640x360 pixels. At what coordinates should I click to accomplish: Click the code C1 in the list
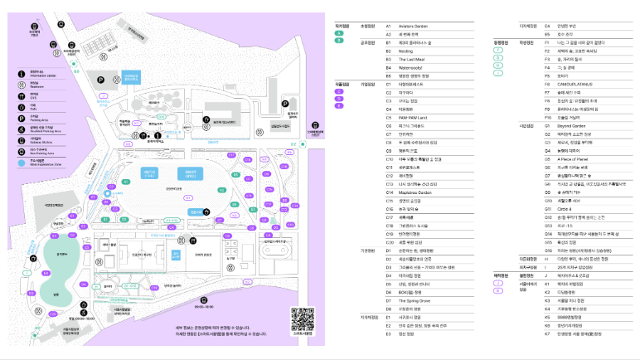[389, 85]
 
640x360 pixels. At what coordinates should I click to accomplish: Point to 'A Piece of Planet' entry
[572, 158]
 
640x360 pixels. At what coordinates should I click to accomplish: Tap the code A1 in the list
[389, 26]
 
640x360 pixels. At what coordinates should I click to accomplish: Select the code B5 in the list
[389, 75]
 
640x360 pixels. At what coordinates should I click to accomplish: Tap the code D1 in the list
[389, 249]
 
